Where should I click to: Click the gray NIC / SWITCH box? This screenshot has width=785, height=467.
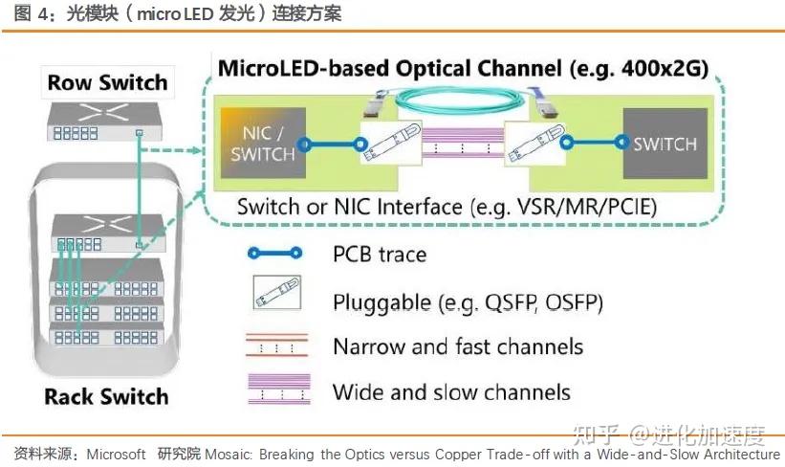click(263, 145)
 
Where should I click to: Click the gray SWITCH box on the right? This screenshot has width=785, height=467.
click(665, 145)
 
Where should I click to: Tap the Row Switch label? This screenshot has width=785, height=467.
click(107, 82)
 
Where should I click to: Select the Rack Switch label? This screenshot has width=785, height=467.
click(106, 396)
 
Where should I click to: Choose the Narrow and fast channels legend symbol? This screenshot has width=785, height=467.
click(277, 345)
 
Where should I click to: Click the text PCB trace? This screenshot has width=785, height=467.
click(379, 254)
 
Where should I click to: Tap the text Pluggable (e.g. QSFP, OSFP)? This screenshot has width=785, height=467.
click(468, 302)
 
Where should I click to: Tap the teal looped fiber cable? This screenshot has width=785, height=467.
click(462, 97)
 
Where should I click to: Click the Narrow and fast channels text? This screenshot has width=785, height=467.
click(458, 345)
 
